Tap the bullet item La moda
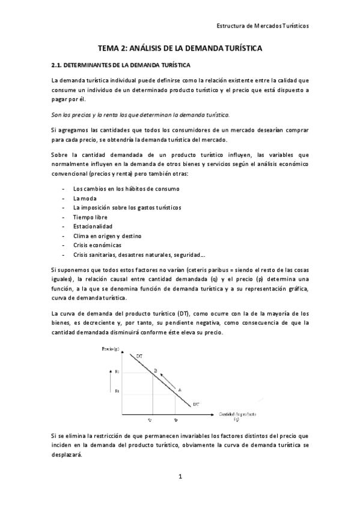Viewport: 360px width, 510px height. click(85, 198)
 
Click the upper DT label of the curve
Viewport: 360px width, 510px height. click(139, 357)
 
